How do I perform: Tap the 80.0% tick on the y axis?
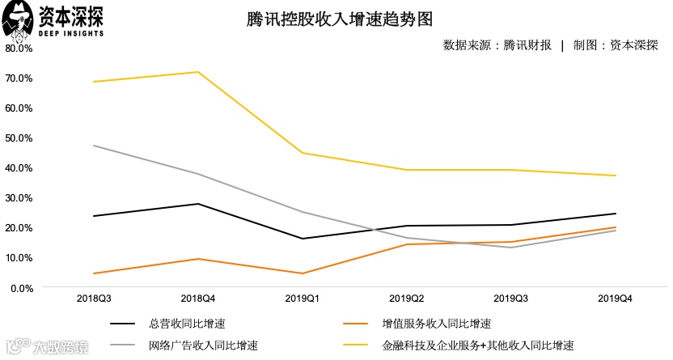[19, 48]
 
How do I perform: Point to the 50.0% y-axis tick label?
[19, 138]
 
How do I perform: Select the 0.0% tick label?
[21, 287]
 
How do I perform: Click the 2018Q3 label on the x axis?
[94, 299]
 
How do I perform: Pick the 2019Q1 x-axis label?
[303, 299]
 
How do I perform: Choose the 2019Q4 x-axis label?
[616, 299]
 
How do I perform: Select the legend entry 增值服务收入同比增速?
[436, 324]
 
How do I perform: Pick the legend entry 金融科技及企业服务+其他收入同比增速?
[477, 345]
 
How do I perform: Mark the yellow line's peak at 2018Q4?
[198, 72]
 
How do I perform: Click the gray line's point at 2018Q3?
[94, 146]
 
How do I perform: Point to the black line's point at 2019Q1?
[303, 239]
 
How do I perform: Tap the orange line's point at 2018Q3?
[94, 273]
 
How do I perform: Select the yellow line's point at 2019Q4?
[616, 176]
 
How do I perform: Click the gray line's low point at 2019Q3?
[511, 248]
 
